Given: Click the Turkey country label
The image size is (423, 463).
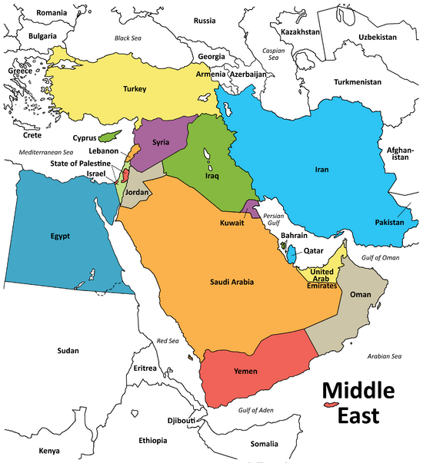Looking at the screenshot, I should (135, 89).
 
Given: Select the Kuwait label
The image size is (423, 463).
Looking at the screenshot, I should (231, 223).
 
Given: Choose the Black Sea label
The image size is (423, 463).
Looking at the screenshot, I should (132, 38).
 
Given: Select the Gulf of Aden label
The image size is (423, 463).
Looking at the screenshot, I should (256, 411).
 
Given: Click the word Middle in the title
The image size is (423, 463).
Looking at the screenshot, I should (357, 391).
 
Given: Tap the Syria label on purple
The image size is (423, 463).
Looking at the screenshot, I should (161, 142).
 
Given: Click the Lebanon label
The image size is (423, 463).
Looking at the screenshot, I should (103, 151).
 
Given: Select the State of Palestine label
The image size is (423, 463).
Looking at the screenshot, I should (86, 163).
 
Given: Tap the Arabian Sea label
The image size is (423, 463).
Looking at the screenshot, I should (385, 356).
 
